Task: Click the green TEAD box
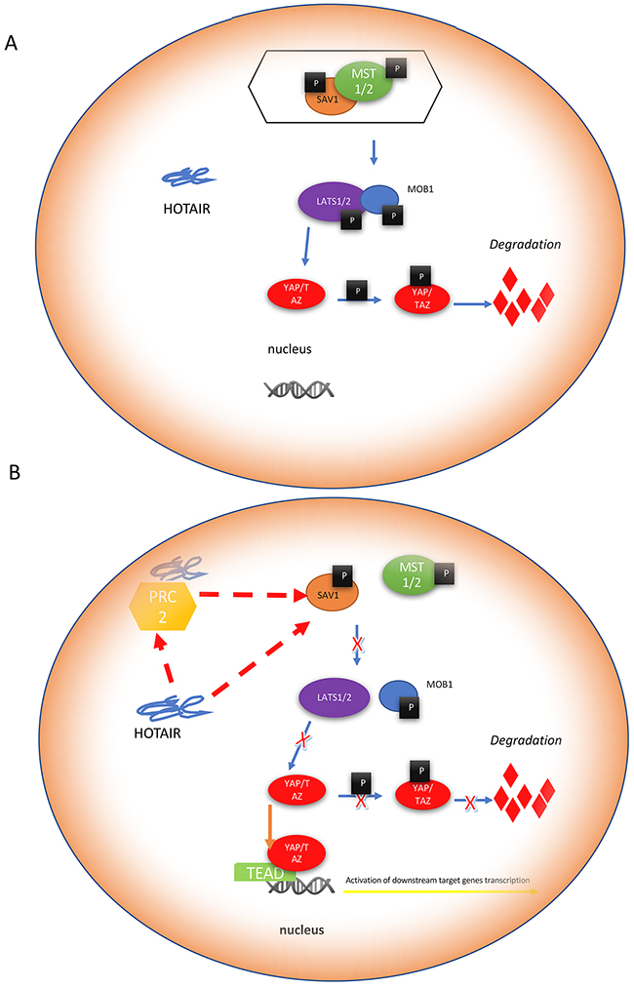pyautogui.click(x=262, y=874)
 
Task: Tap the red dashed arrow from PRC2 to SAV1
pyautogui.click(x=250, y=595)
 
